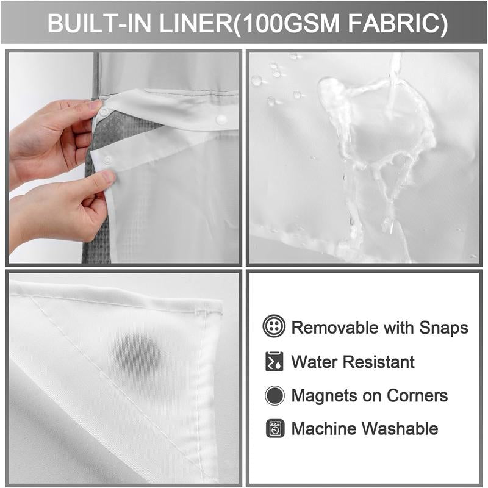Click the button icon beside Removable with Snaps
pyautogui.click(x=274, y=327)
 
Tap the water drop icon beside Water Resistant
pyautogui.click(x=274, y=361)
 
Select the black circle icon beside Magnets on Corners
pyautogui.click(x=274, y=395)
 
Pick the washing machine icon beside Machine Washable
pyautogui.click(x=274, y=429)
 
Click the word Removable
pyautogui.click(x=334, y=327)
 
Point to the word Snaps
pyautogui.click(x=443, y=328)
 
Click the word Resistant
pyautogui.click(x=381, y=361)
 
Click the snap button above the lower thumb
pyautogui.click(x=108, y=160)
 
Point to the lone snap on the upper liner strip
pyautogui.click(x=221, y=119)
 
